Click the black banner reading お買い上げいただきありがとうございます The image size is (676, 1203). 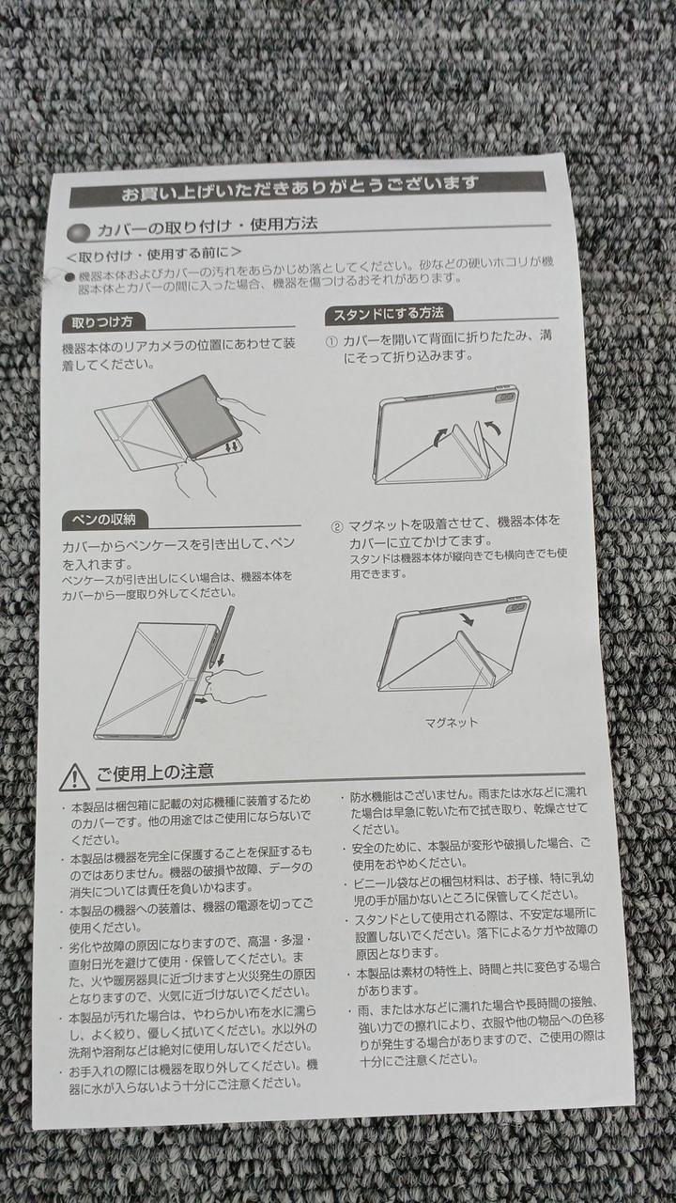pos(308,189)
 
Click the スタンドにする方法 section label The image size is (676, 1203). pos(389,314)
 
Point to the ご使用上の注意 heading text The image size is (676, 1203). pos(155,773)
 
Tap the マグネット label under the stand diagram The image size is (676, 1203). pos(452,722)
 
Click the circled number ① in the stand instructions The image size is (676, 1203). pos(332,341)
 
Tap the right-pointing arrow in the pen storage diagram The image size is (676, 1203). pos(201,701)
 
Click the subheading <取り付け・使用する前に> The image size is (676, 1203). pos(153,255)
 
